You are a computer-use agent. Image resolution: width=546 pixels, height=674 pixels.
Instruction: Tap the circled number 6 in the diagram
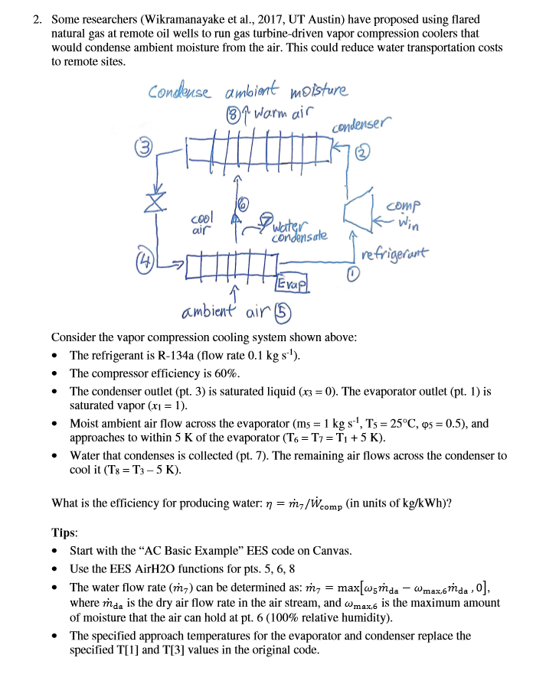(x=243, y=203)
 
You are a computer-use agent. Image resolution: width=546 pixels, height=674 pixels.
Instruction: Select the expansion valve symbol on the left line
(x=158, y=204)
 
